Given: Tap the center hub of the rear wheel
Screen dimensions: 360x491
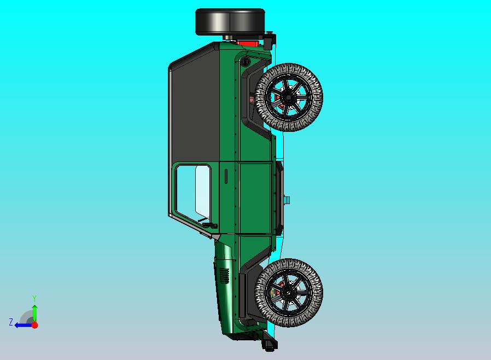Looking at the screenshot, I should coord(288,97).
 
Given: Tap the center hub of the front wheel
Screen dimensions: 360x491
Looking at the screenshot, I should coord(288,293).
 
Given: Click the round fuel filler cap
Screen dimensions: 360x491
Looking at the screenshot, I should coord(244,61).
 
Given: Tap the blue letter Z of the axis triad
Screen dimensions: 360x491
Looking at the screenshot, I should coord(10,322).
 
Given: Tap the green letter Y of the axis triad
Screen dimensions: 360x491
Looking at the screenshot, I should coord(34,299).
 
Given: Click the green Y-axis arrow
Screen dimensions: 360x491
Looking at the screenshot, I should coord(34,312).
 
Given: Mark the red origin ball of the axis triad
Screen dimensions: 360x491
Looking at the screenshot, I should coord(34,325).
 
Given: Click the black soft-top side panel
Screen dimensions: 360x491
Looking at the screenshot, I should coord(194,109).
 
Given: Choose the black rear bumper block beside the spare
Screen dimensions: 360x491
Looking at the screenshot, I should coord(270,42).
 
